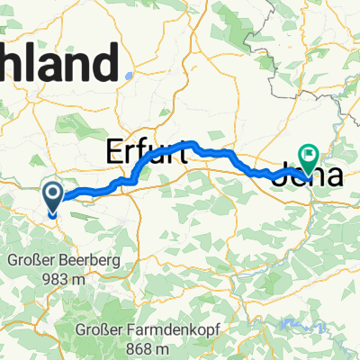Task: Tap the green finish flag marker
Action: coord(309,156)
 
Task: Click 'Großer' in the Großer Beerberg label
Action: coord(32,261)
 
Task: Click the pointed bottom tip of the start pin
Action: coord(53,216)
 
